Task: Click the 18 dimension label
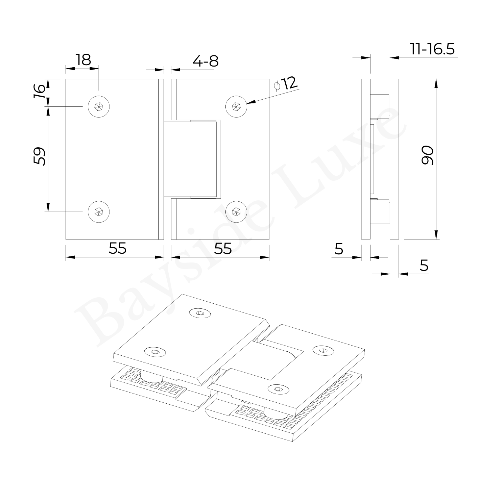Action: tap(83, 60)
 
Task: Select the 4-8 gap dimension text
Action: tap(206, 61)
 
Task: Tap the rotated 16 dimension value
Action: tap(39, 91)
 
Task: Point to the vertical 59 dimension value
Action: tap(40, 156)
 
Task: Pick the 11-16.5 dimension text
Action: tap(432, 49)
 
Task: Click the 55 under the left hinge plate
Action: tap(117, 249)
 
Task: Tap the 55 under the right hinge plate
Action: tap(223, 249)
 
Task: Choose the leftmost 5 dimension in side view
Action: tap(339, 249)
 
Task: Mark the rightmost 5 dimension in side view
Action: tap(424, 266)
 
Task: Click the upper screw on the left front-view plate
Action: tap(99, 107)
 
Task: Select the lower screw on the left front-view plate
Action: tap(99, 212)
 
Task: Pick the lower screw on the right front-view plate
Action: tap(236, 212)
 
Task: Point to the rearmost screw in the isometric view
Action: tap(200, 313)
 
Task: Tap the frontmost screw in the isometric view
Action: tap(278, 389)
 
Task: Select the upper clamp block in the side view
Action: tap(380, 107)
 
